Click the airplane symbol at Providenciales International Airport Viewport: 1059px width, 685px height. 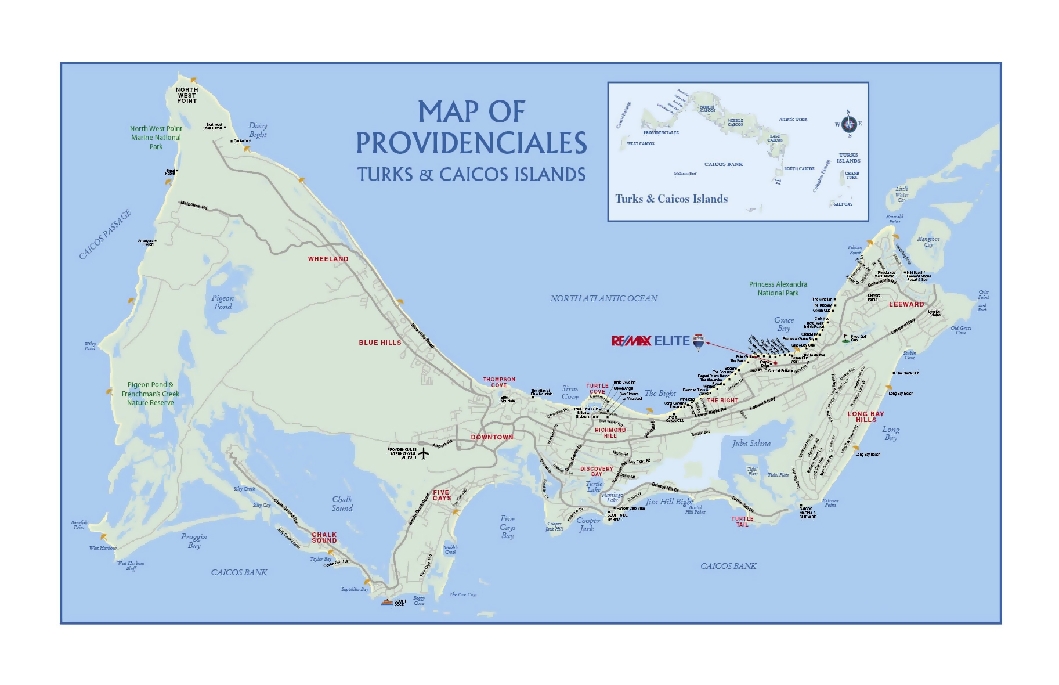click(x=424, y=453)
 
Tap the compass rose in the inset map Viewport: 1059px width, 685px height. click(x=849, y=124)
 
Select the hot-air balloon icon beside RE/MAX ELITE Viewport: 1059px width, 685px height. click(x=699, y=342)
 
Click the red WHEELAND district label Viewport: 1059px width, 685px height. click(x=328, y=259)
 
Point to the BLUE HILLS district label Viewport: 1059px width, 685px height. click(x=379, y=342)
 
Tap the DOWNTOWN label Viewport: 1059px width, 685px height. click(x=491, y=437)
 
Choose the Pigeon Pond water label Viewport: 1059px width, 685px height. click(x=223, y=302)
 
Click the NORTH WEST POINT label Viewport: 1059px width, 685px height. click(x=187, y=95)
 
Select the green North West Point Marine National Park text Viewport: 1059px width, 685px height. click(x=156, y=138)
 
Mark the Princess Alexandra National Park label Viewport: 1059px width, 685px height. click(x=778, y=289)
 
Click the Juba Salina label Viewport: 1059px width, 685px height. click(x=751, y=443)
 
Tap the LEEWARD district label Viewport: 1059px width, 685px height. click(x=906, y=304)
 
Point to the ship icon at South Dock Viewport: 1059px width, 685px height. click(x=386, y=602)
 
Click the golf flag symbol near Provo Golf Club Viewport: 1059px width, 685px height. click(x=845, y=338)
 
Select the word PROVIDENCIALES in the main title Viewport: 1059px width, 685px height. click(x=471, y=143)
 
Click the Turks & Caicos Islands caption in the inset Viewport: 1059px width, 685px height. click(x=671, y=199)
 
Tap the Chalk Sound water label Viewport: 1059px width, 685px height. click(x=342, y=503)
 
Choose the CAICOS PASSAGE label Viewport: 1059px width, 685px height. click(x=105, y=235)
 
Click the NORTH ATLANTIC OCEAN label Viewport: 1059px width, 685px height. click(x=603, y=298)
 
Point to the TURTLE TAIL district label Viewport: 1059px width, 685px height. click(x=742, y=521)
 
